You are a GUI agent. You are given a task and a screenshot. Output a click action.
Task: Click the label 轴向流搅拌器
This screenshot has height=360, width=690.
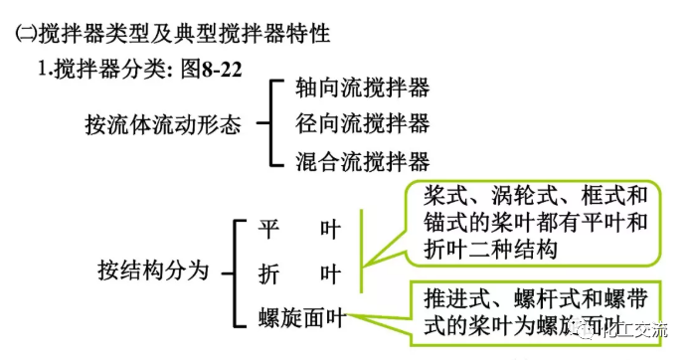(362, 88)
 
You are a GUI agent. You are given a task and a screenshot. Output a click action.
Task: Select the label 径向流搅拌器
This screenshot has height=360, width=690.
(362, 123)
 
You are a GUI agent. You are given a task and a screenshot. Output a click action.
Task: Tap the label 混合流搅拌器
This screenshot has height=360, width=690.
(362, 160)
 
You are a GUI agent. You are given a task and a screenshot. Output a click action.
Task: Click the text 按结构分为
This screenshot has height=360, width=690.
(153, 270)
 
